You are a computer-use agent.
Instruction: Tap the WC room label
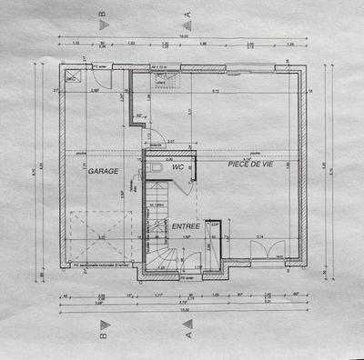pos(178,168)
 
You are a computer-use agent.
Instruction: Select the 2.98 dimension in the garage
pos(94,92)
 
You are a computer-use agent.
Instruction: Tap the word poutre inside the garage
pos(82,154)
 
